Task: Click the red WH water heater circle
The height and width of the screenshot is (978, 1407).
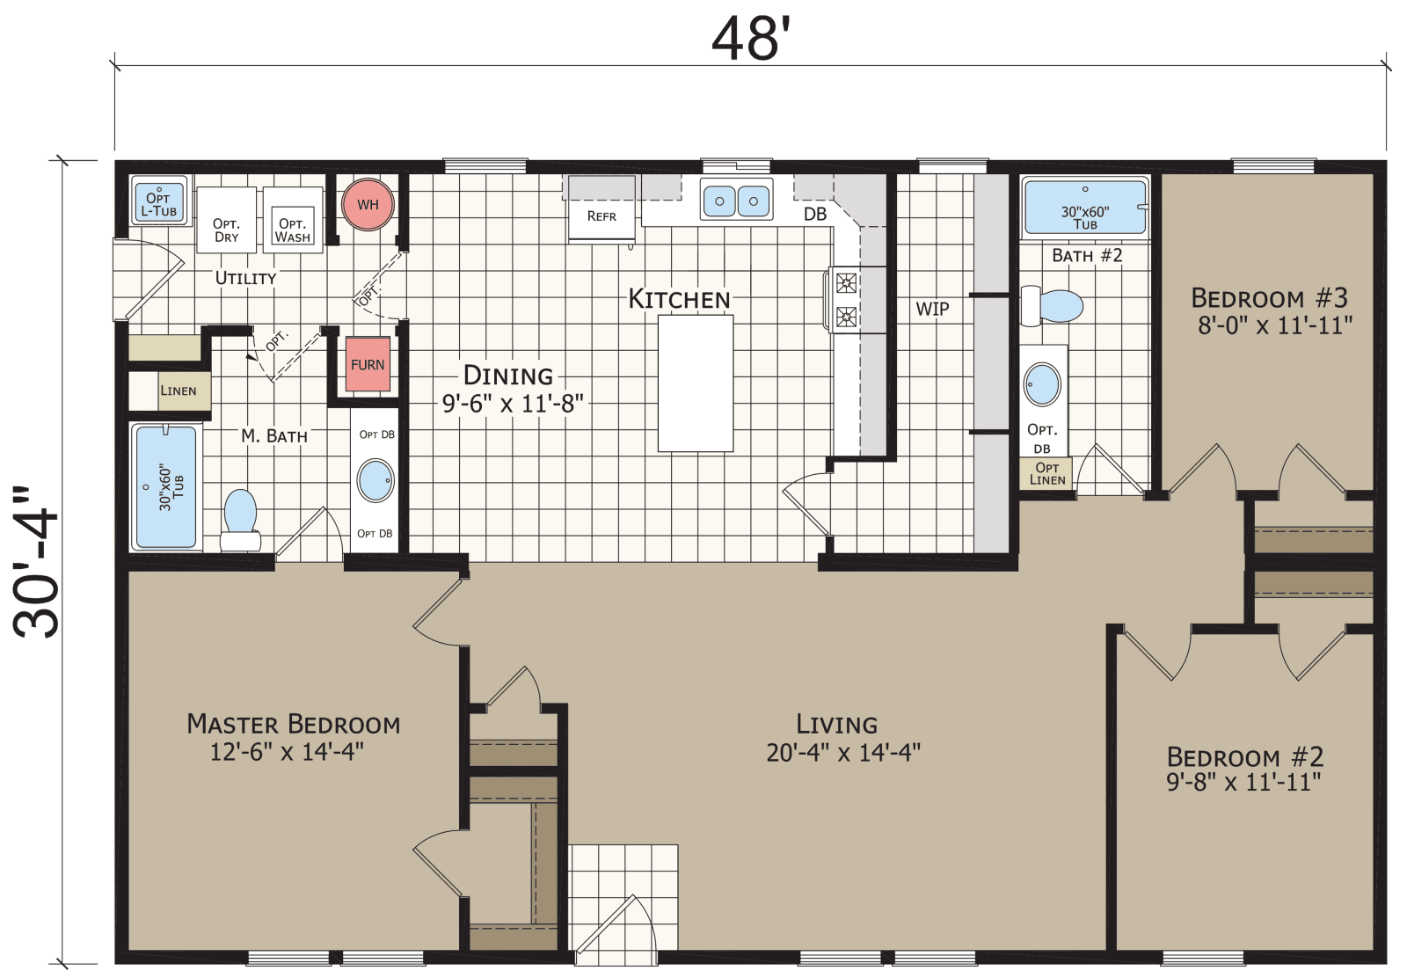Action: (368, 205)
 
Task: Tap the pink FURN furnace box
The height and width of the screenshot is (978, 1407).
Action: (368, 364)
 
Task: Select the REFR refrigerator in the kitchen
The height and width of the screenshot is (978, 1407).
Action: (601, 211)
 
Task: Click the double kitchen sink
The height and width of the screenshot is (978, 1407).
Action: (737, 201)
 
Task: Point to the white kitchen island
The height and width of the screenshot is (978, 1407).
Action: (696, 383)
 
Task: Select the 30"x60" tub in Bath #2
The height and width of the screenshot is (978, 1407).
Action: (1085, 208)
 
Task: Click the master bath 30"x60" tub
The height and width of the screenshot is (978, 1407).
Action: (165, 486)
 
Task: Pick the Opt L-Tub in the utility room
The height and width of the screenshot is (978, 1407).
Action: (159, 202)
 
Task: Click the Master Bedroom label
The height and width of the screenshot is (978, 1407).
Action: (293, 725)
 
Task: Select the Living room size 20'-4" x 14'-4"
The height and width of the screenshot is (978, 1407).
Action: (842, 753)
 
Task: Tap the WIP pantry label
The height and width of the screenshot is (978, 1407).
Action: (932, 309)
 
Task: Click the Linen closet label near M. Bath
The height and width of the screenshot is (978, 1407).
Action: (179, 391)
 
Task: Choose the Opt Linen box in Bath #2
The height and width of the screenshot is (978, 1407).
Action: (1047, 473)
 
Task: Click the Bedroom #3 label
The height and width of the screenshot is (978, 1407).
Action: (1269, 298)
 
